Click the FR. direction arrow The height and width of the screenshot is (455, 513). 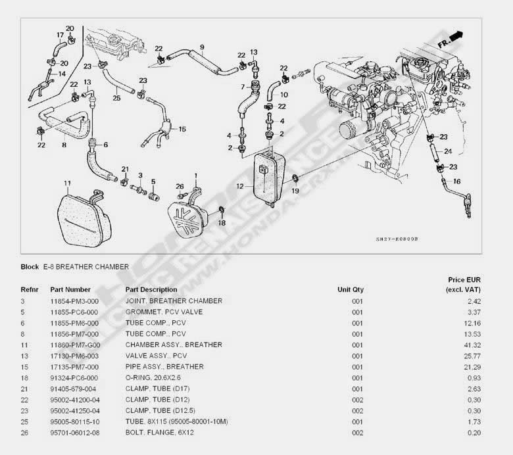point(453,36)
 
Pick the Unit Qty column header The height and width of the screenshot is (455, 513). point(351,289)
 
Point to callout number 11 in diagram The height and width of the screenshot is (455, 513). point(67,182)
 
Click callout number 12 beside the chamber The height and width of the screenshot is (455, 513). point(241,186)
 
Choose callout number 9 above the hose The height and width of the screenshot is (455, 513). point(202,47)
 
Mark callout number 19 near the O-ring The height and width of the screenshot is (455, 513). point(295,191)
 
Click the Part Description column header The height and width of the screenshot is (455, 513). point(151,289)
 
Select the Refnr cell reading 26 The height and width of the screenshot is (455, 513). point(24,432)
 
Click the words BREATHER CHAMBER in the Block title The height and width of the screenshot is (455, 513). point(91,267)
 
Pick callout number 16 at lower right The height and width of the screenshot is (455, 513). point(457,180)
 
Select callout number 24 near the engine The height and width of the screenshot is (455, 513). point(447,151)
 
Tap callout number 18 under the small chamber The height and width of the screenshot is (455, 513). point(222,224)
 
